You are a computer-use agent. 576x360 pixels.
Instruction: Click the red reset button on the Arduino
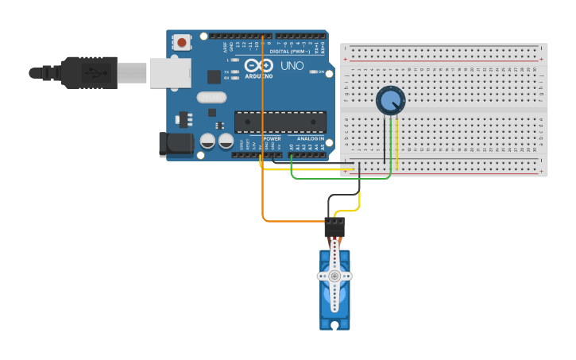pyautogui.click(x=183, y=42)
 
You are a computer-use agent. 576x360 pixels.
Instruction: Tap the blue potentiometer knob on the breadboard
pyautogui.click(x=390, y=101)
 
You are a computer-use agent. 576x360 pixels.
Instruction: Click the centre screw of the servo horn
pyautogui.click(x=334, y=276)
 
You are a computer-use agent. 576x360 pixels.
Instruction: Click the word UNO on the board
pyautogui.click(x=292, y=66)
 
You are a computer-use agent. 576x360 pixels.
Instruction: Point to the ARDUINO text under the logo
pyautogui.click(x=259, y=76)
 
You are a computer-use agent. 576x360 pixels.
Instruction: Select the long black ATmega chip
pyautogui.click(x=280, y=122)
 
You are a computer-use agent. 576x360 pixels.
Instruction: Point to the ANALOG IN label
pyautogui.click(x=311, y=138)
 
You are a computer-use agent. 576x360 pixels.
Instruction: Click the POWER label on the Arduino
pyautogui.click(x=271, y=138)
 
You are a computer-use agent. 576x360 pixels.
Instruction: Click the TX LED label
pyautogui.click(x=226, y=71)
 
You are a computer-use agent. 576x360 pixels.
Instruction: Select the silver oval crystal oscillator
pyautogui.click(x=211, y=97)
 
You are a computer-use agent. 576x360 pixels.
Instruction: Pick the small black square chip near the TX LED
pyautogui.click(x=214, y=76)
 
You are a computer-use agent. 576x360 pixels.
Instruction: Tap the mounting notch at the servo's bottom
pyautogui.click(x=335, y=325)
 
